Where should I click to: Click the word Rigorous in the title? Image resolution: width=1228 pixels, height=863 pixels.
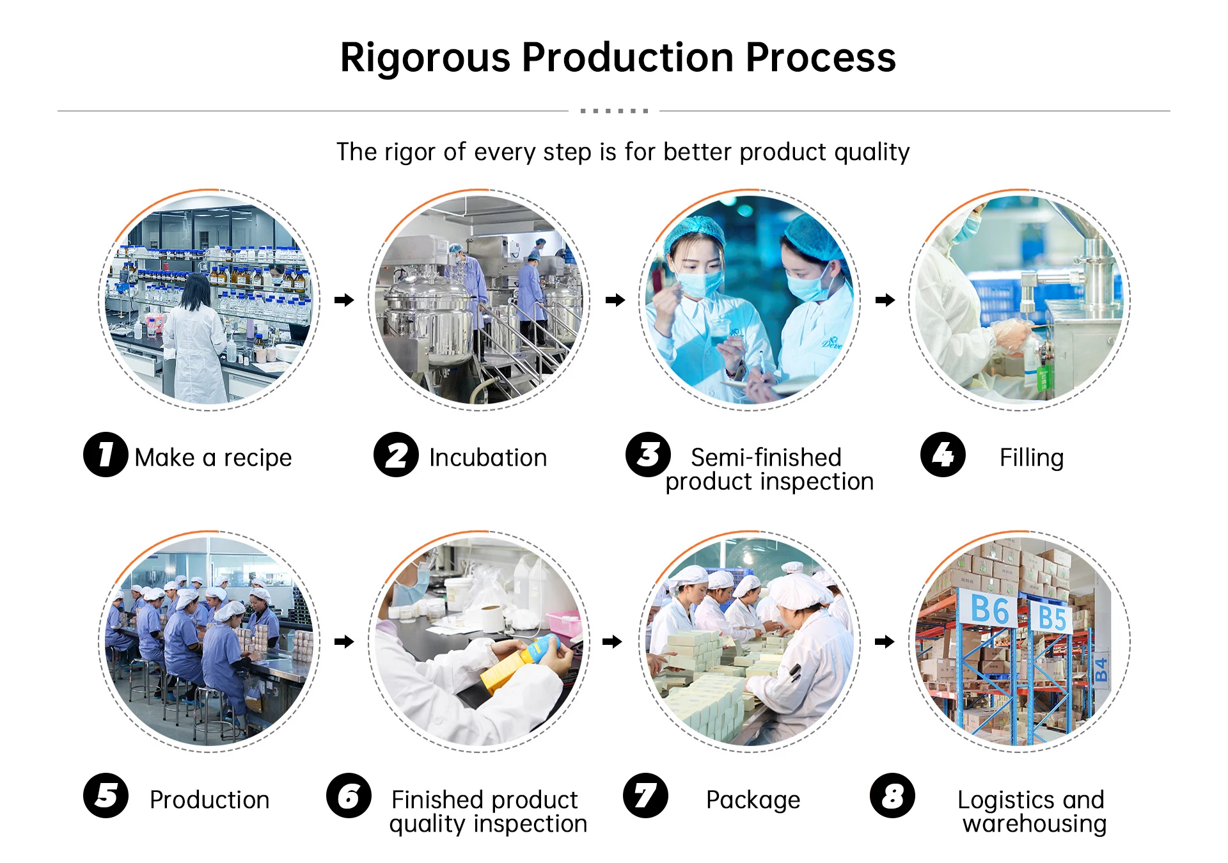tap(425, 58)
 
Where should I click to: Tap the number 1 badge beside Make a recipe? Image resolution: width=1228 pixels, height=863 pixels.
tap(106, 455)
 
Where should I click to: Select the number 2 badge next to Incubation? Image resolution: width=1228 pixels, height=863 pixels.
tap(396, 455)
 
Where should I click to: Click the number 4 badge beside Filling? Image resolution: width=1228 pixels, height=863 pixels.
tap(942, 455)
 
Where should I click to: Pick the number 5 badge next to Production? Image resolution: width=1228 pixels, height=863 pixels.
tap(106, 796)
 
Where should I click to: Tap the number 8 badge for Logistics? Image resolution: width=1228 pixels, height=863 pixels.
tap(892, 796)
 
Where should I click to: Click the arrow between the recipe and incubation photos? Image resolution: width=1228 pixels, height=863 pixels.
tap(344, 300)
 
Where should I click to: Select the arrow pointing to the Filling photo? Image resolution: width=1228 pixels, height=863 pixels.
tap(885, 300)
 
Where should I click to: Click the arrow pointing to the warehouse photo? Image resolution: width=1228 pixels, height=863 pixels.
tap(885, 641)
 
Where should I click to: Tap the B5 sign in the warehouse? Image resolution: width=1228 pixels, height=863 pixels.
tap(1051, 618)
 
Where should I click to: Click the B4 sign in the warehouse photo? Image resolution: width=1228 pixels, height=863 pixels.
tap(1101, 670)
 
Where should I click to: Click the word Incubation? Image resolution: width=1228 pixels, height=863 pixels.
tap(488, 458)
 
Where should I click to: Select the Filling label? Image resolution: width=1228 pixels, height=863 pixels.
tap(1031, 458)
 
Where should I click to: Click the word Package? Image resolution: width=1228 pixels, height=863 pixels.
tap(753, 800)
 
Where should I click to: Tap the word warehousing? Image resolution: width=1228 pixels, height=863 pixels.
tap(1034, 824)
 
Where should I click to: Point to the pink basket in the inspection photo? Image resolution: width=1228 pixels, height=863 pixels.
tap(563, 623)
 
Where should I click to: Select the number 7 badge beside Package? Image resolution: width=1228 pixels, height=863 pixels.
tap(645, 796)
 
